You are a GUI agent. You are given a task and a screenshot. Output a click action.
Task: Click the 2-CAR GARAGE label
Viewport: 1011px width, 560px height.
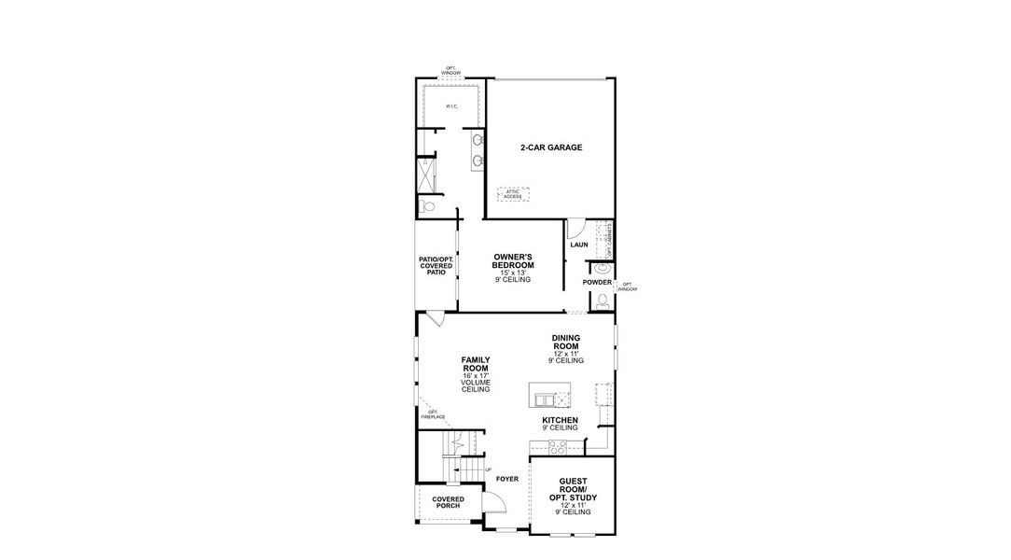(x=551, y=147)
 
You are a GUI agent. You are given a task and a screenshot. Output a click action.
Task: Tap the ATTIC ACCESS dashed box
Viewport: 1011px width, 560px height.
(x=513, y=194)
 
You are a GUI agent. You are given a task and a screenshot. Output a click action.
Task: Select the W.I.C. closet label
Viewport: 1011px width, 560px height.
(x=451, y=106)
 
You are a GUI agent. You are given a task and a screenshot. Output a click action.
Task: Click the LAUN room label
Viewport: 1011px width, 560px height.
(x=578, y=245)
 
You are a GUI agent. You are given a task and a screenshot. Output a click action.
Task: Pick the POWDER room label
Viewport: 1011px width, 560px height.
(x=597, y=282)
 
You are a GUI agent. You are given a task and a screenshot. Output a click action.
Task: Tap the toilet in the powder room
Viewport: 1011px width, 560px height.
(x=602, y=301)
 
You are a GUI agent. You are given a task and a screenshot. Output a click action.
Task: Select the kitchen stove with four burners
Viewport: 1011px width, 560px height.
(x=557, y=447)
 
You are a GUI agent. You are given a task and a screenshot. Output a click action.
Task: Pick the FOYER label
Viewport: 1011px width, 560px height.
(x=506, y=479)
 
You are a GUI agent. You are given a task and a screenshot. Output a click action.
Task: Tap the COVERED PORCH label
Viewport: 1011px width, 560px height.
(x=448, y=503)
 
